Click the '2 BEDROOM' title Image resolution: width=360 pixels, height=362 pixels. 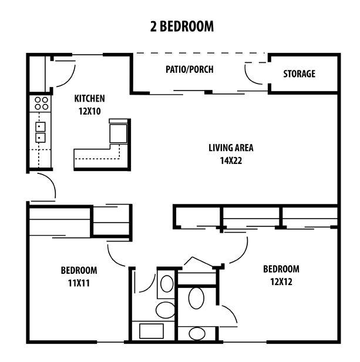(x=180, y=26)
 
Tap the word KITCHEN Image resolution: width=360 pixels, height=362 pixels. (x=89, y=98)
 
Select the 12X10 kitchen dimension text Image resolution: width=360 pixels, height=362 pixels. (x=89, y=110)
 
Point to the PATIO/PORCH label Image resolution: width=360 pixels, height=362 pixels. (x=189, y=69)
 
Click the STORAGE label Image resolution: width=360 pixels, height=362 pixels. (x=299, y=74)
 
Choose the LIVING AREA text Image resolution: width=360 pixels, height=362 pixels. (x=231, y=148)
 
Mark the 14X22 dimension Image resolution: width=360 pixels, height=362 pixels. (x=231, y=159)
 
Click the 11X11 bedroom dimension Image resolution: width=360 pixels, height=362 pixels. (x=78, y=283)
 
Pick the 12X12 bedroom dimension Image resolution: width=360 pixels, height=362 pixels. (x=281, y=281)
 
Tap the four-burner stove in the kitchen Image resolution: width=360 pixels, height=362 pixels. (x=41, y=104)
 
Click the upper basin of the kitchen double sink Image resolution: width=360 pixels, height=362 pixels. (x=41, y=126)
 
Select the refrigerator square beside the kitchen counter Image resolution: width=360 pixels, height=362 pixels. (x=117, y=132)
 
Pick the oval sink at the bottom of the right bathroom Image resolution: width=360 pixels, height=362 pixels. (x=196, y=334)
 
